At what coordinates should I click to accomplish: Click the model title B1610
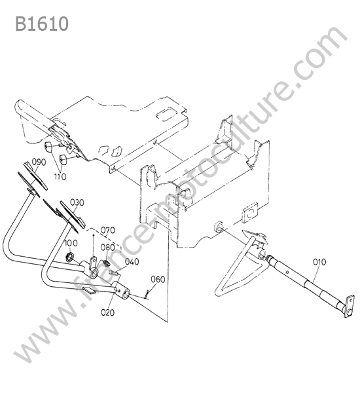(x=42, y=24)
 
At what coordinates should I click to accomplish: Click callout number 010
(x=319, y=262)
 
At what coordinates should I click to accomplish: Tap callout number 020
(x=108, y=312)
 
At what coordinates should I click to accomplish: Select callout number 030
(x=77, y=202)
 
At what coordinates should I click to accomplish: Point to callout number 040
(x=132, y=261)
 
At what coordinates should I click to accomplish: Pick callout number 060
(x=158, y=279)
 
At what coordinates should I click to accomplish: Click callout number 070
(x=108, y=230)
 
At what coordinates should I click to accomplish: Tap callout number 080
(x=108, y=248)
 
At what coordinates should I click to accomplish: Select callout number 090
(x=39, y=162)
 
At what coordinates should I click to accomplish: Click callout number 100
(x=71, y=243)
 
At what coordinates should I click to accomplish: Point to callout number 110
(x=60, y=177)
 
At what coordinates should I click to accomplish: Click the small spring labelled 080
(x=106, y=263)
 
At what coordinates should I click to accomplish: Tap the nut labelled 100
(x=69, y=257)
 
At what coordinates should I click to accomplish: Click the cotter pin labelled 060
(x=147, y=294)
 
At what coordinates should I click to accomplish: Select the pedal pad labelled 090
(x=35, y=176)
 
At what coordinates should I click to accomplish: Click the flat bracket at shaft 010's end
(x=350, y=307)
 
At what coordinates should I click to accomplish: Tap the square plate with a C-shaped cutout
(x=250, y=212)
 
